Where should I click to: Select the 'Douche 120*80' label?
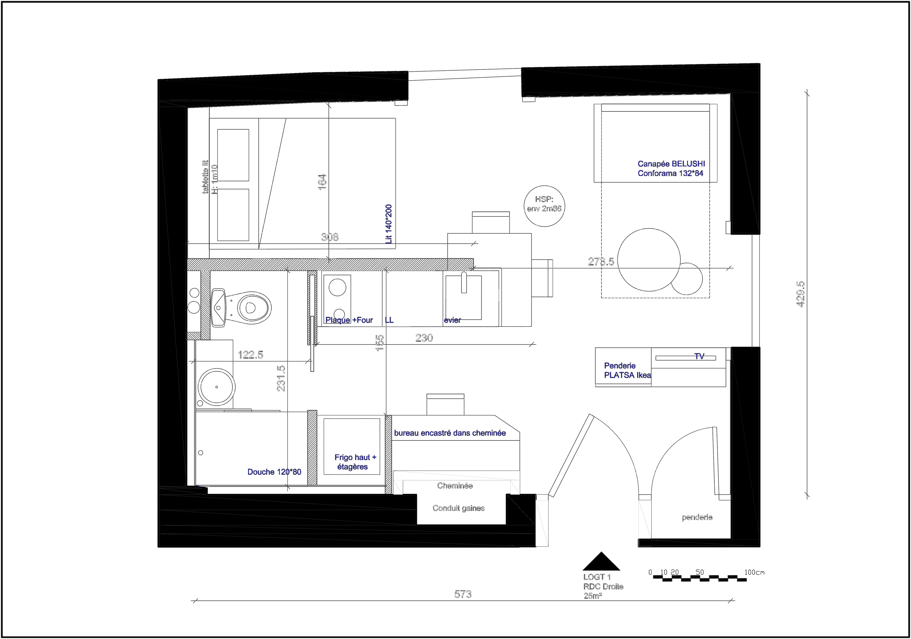pos(274,472)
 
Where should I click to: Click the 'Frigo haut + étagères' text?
pos(355,462)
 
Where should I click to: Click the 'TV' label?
pos(699,356)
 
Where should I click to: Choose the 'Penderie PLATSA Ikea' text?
pos(627,370)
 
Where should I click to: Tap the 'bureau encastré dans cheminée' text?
pos(450,433)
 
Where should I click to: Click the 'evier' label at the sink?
pos(452,320)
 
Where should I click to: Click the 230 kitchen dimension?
pos(424,338)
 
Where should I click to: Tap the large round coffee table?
pos(649,260)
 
